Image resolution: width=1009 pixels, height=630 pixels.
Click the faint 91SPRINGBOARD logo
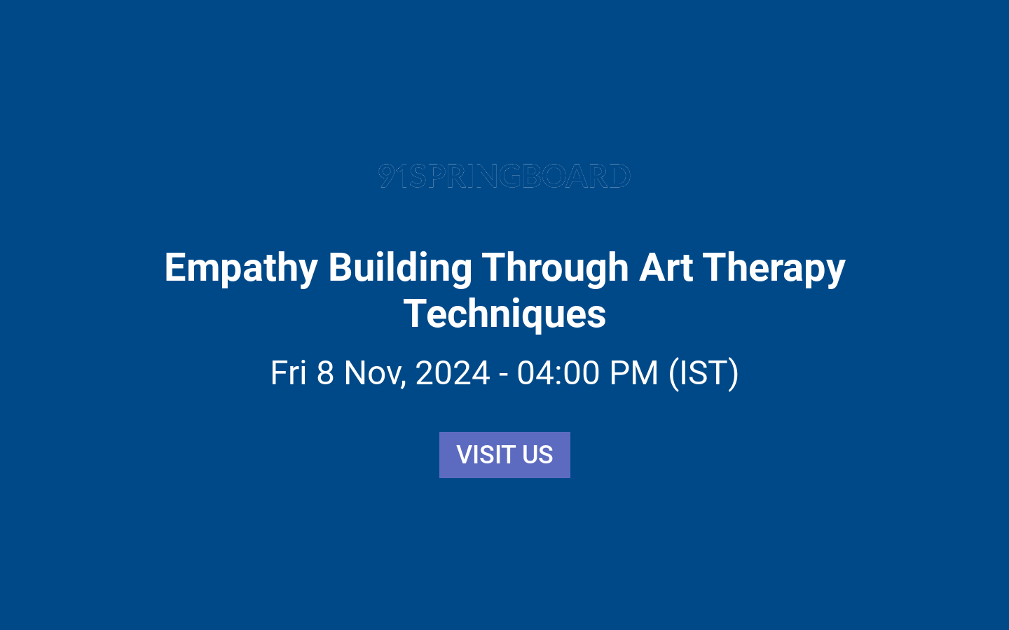pyautogui.click(x=504, y=176)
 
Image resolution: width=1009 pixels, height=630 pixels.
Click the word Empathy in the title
pyautogui.click(x=241, y=269)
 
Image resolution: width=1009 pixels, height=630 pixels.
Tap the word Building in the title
pyautogui.click(x=400, y=267)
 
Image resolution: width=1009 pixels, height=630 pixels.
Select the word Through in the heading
pyautogui.click(x=555, y=269)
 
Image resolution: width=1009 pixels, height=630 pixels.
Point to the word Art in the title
pyautogui.click(x=666, y=267)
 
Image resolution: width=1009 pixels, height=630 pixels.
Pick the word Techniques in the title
pyautogui.click(x=504, y=314)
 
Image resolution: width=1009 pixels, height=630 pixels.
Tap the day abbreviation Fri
pyautogui.click(x=289, y=372)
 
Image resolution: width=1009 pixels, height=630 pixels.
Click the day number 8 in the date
pyautogui.click(x=325, y=372)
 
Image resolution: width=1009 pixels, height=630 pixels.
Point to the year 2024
pyautogui.click(x=453, y=372)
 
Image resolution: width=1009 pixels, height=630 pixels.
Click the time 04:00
pyautogui.click(x=558, y=372)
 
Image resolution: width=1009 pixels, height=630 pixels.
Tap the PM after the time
pyautogui.click(x=634, y=372)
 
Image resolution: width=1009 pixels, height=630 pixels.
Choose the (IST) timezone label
pyautogui.click(x=703, y=372)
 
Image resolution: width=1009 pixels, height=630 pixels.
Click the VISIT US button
pyautogui.click(x=504, y=455)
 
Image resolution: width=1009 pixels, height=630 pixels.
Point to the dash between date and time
pyautogui.click(x=503, y=374)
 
